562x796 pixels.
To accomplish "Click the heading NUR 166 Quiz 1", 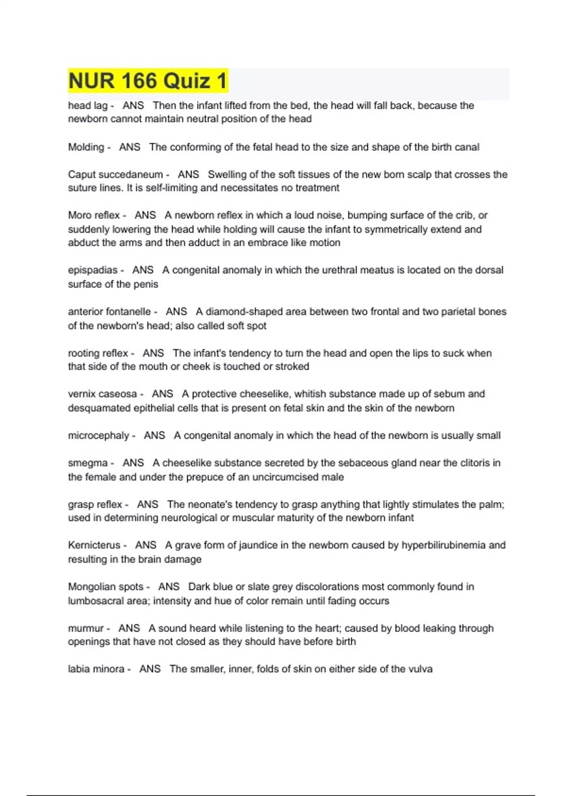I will tap(148, 81).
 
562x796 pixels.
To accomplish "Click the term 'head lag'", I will tap(88, 106).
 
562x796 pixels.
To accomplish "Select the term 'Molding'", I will tap(86, 147).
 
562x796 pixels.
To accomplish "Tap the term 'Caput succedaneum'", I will tap(115, 175).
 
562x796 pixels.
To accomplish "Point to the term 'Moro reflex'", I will tap(94, 215).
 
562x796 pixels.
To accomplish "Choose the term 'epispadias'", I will tap(93, 270).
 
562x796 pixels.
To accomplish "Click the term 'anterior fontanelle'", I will tap(109, 312).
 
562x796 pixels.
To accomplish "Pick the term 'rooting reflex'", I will tap(98, 353).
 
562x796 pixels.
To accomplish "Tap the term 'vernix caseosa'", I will tap(103, 394).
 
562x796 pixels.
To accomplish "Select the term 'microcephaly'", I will tap(98, 435).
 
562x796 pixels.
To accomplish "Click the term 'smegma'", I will tap(88, 463).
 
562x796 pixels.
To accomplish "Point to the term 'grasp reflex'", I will tap(95, 505).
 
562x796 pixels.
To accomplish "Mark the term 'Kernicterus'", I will tap(94, 545).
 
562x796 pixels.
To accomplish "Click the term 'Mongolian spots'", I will tap(106, 587).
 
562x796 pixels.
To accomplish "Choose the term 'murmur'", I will tap(86, 628).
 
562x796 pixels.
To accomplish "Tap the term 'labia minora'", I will tap(96, 669).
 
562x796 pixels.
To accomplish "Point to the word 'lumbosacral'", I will tap(94, 601).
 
